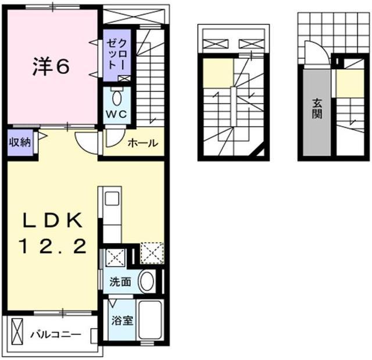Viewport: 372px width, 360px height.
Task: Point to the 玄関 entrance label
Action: click(317, 108)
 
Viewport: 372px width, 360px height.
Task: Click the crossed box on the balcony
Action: click(17, 336)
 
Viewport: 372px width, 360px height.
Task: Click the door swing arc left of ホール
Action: click(87, 142)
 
